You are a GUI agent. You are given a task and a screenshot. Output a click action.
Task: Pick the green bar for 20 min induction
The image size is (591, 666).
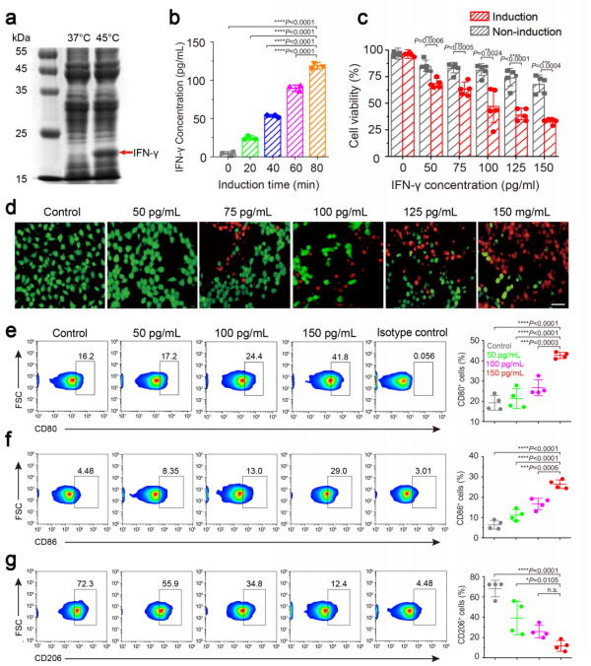tap(223, 146)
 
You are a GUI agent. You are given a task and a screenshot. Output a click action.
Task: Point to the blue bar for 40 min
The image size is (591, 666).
tap(245, 135)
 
